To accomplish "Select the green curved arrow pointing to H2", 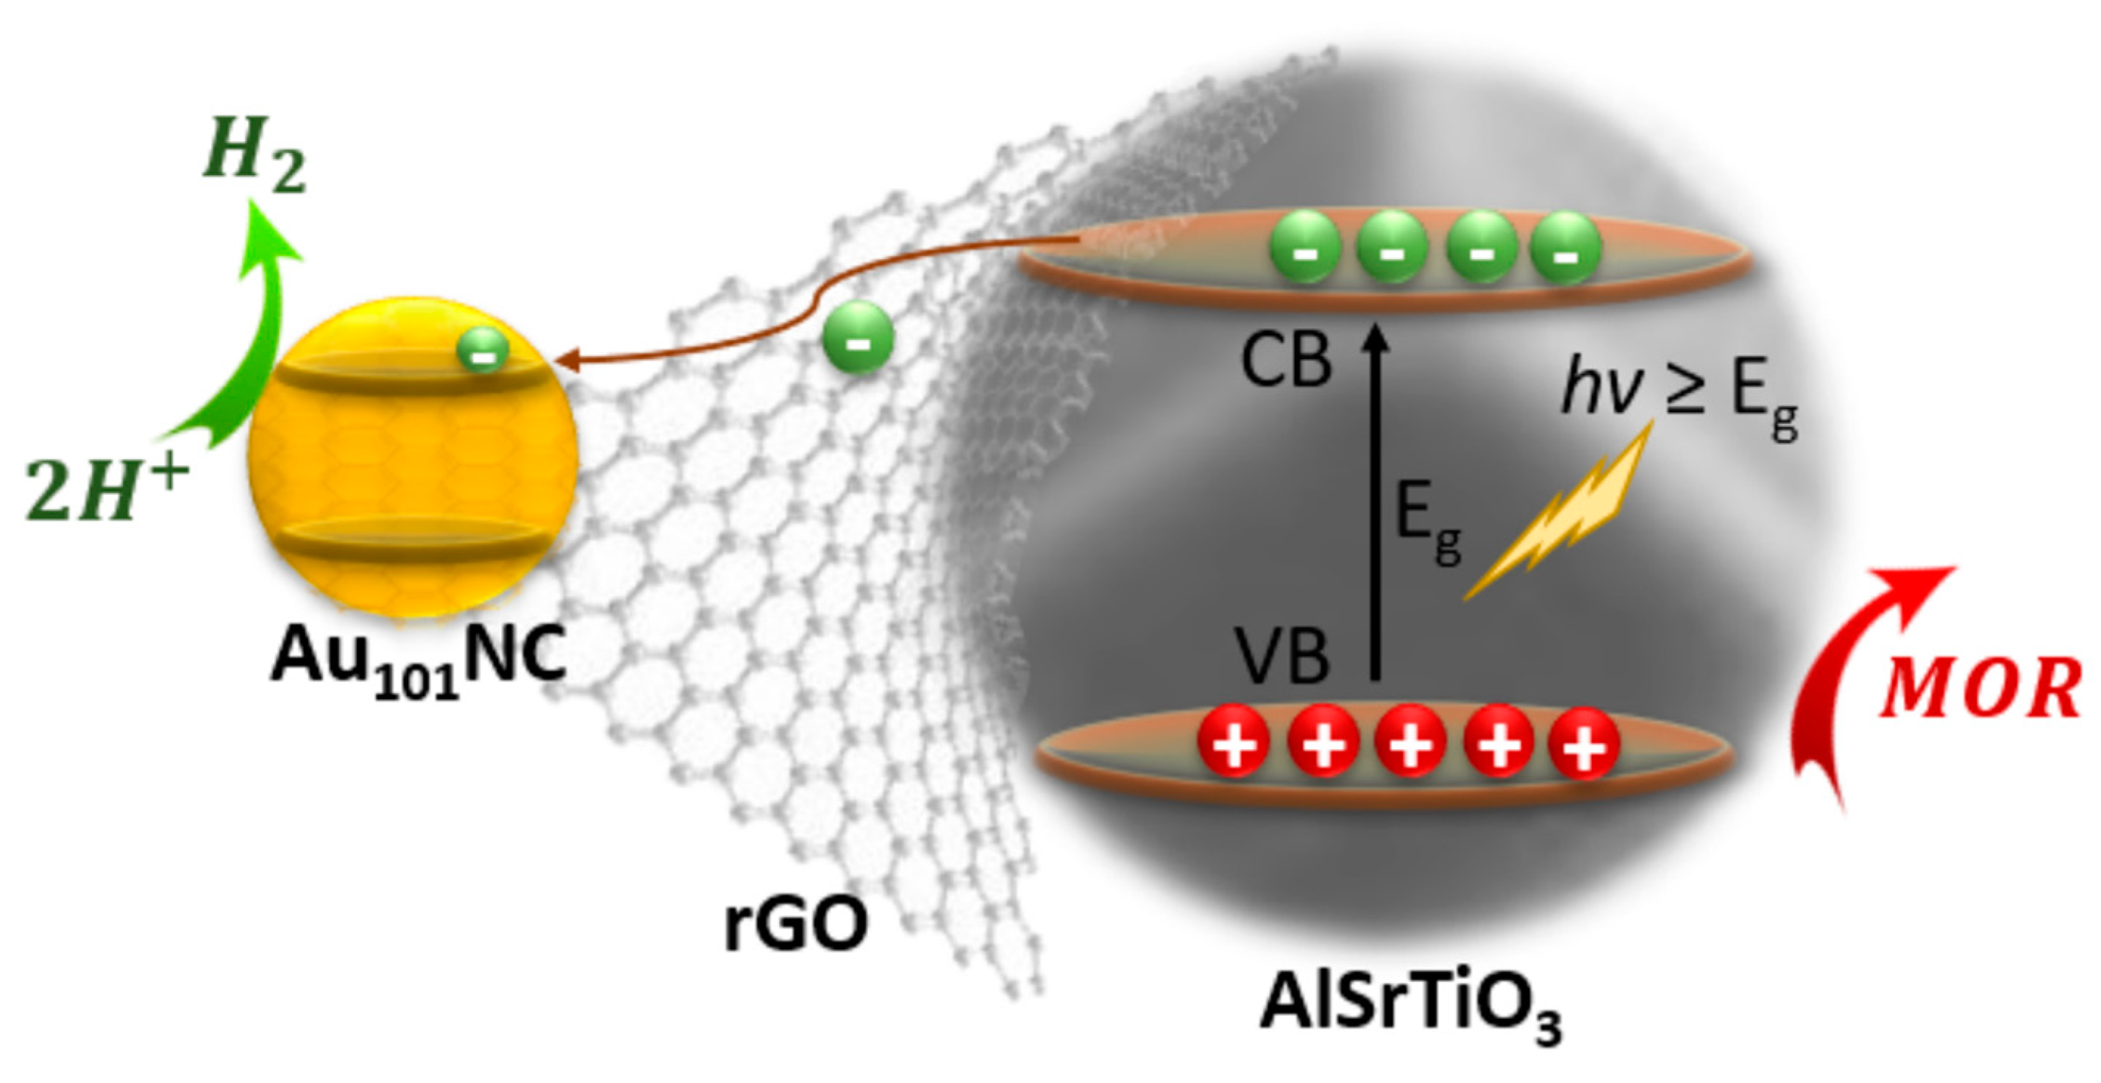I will (x=245, y=343).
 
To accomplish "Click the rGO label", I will (x=795, y=926).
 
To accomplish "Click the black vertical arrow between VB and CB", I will (x=1376, y=505).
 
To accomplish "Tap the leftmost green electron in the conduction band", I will (x=1305, y=247).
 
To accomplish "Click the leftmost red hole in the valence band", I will (x=1233, y=742).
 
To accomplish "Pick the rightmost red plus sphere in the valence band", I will (x=1583, y=744).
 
